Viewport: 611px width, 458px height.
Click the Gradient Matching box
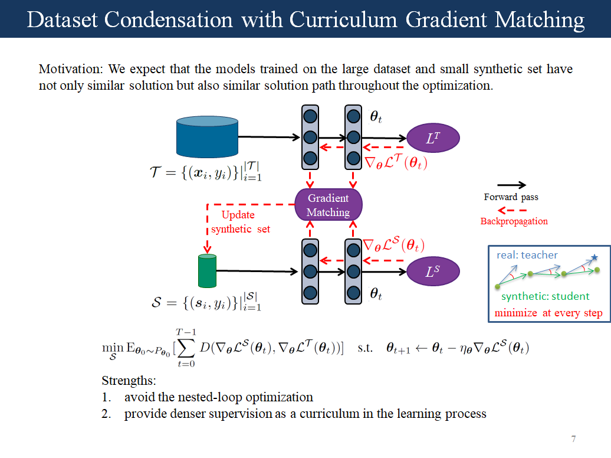(x=328, y=205)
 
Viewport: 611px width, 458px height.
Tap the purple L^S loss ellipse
(x=433, y=271)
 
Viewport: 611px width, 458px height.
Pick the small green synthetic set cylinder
(x=207, y=271)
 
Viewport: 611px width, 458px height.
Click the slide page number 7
(x=573, y=439)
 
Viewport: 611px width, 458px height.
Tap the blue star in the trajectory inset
(x=594, y=257)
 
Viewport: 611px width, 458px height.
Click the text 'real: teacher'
(x=527, y=255)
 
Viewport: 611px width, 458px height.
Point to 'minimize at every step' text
(x=548, y=313)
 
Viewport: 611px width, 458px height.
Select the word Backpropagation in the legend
(x=514, y=221)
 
